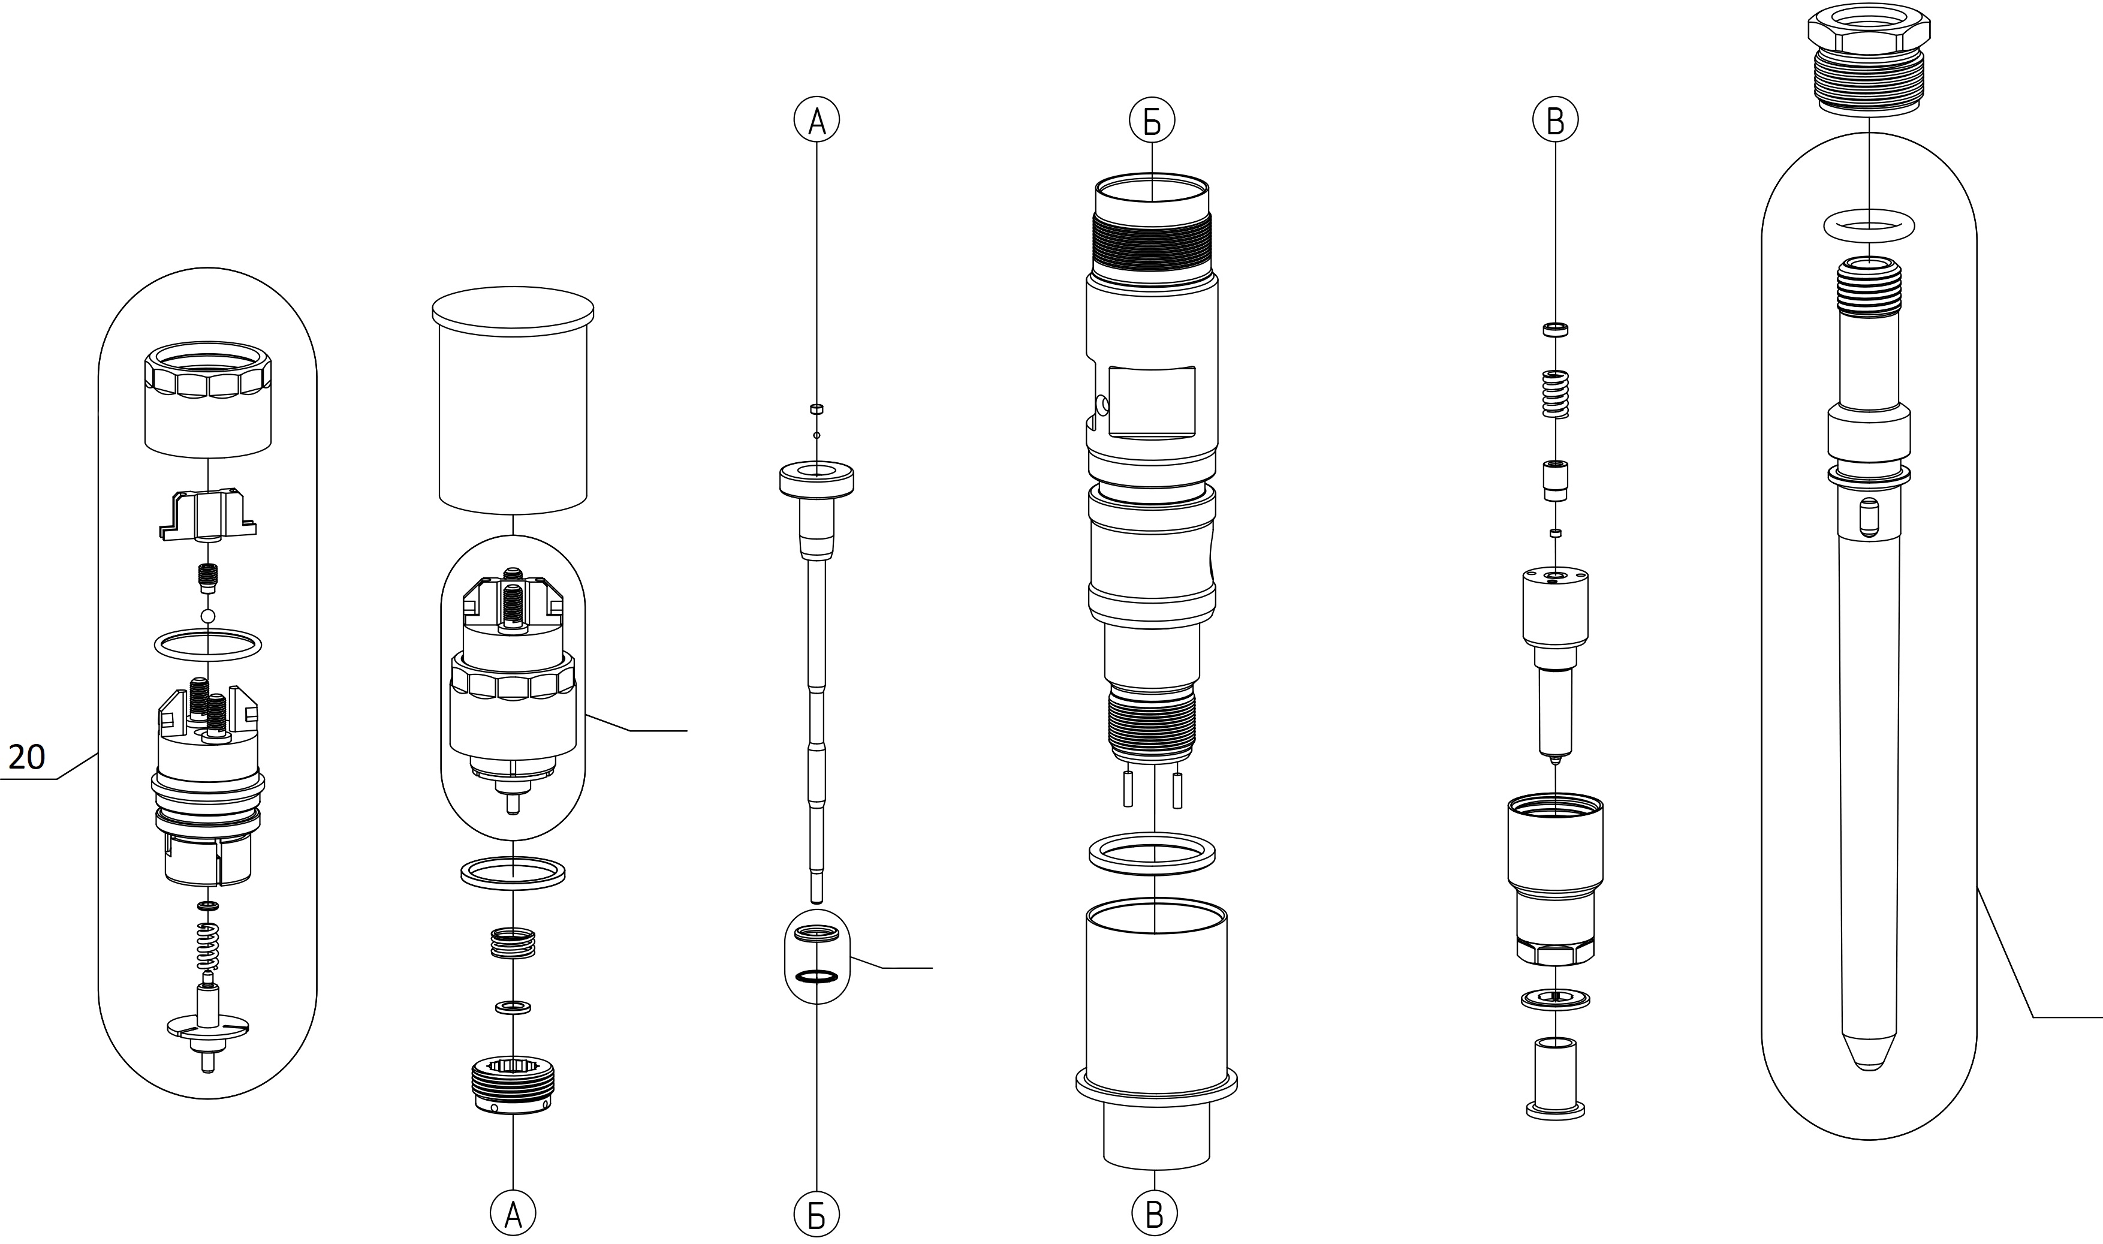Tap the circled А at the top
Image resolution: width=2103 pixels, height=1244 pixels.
[x=817, y=122]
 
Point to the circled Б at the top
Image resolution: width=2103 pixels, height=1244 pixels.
[x=1152, y=122]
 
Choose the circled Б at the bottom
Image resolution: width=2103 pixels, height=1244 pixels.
[x=817, y=1213]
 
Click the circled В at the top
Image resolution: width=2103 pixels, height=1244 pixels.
[x=1555, y=122]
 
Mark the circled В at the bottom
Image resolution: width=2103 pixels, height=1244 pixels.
[x=1154, y=1213]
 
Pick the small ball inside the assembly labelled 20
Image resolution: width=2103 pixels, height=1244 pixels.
[x=208, y=617]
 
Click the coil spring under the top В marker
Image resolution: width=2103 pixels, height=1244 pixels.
[x=1556, y=394]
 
